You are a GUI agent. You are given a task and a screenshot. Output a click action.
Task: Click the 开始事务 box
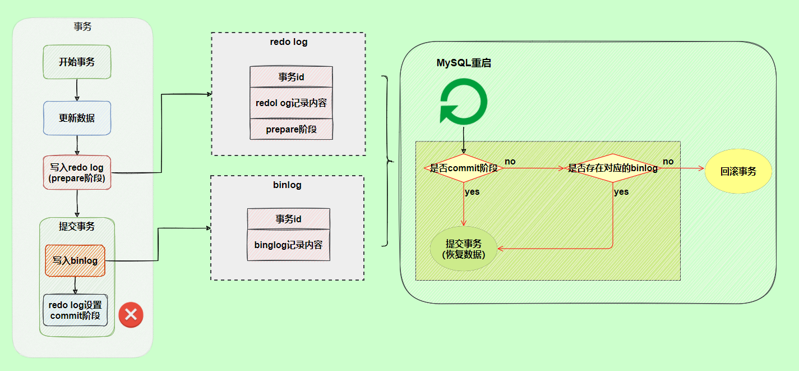(77, 62)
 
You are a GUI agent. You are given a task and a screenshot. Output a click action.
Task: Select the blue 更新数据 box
(77, 118)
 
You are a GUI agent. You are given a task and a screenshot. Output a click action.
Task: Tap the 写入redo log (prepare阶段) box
(77, 173)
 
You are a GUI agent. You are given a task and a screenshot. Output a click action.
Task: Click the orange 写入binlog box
(75, 260)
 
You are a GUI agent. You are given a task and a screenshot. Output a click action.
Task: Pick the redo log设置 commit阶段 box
(75, 310)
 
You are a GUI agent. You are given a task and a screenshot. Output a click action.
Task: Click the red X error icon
(131, 315)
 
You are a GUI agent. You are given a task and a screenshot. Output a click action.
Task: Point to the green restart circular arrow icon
(463, 102)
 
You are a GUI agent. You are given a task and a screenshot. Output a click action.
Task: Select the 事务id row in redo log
(291, 77)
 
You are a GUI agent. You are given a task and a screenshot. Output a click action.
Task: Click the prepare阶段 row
(291, 129)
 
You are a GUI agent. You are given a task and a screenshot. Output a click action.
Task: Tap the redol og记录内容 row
(291, 103)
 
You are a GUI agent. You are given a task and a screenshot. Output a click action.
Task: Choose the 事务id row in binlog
(288, 218)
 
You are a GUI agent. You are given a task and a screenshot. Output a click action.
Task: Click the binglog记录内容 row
(288, 245)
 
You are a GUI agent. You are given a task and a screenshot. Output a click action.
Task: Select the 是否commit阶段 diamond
(463, 168)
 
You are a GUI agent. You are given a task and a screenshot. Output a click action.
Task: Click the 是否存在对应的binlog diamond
(612, 168)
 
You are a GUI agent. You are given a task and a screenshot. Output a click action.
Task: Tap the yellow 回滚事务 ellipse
(738, 171)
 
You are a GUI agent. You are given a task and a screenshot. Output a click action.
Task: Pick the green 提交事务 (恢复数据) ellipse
(463, 249)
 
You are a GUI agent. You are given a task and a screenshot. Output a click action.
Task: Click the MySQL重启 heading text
(464, 63)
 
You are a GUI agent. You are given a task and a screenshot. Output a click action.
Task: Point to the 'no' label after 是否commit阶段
(510, 162)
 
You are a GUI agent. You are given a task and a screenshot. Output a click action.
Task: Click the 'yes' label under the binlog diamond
(621, 192)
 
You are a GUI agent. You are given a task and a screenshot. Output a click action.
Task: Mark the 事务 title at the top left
(83, 26)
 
